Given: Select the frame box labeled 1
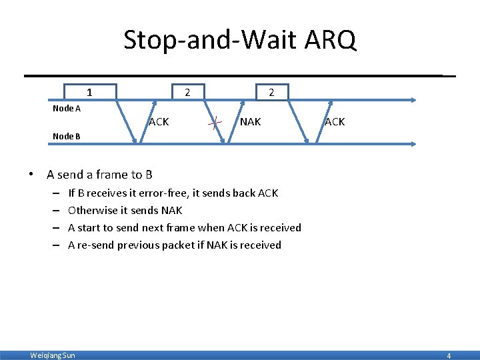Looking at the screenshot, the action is pos(90,92).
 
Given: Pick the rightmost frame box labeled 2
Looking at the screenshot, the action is pos(271,92).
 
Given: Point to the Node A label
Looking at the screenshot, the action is pos(67,107).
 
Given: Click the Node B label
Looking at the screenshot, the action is pos(67,136).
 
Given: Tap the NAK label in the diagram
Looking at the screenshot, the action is pos(251,122).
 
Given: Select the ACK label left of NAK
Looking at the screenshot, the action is pos(159,122).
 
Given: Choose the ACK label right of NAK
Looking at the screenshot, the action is pos(335,122).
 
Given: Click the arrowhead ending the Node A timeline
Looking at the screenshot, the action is pos(413,100).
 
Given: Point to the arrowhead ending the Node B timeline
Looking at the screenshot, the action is pos(413,143).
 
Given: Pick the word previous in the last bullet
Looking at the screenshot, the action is pos(139,245).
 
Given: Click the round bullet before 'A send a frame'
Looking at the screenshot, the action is pos(31,175).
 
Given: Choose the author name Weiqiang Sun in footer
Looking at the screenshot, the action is pos(53,355).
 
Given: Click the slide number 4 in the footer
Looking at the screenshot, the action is pos(449,356).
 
